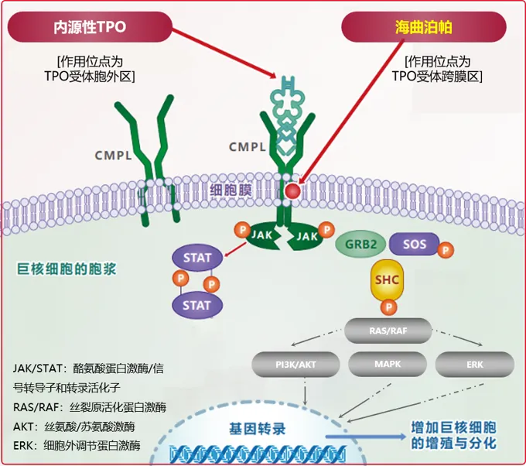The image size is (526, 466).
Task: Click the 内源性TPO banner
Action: pyautogui.click(x=90, y=27)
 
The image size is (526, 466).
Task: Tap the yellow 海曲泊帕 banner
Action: pyautogui.click(x=423, y=27)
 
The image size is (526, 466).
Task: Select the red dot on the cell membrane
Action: pyautogui.click(x=292, y=191)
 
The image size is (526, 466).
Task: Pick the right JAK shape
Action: pyautogui.click(x=305, y=237)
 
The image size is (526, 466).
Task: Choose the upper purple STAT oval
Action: pyautogui.click(x=197, y=258)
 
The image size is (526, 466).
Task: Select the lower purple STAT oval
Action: pyautogui.click(x=197, y=305)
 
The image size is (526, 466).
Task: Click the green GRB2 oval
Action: pyautogui.click(x=360, y=244)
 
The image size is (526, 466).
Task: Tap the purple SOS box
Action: pyautogui.click(x=415, y=244)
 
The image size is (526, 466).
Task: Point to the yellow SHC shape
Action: pyautogui.click(x=387, y=280)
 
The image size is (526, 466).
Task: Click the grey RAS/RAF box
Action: pyautogui.click(x=388, y=331)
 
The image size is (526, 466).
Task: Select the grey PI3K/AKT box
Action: pyautogui.click(x=295, y=365)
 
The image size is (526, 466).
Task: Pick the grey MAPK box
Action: pyautogui.click(x=388, y=364)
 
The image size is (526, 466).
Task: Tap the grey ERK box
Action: pyautogui.click(x=475, y=365)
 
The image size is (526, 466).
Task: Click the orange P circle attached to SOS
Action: pyautogui.click(x=446, y=250)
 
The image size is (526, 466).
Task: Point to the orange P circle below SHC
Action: pyautogui.click(x=388, y=307)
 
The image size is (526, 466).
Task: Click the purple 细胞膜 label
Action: pyautogui.click(x=231, y=190)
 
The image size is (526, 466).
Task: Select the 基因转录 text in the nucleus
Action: pyautogui.click(x=258, y=429)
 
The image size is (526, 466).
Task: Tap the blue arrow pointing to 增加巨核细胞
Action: pyautogui.click(x=366, y=437)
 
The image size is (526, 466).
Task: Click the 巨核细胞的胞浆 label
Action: pyautogui.click(x=67, y=269)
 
